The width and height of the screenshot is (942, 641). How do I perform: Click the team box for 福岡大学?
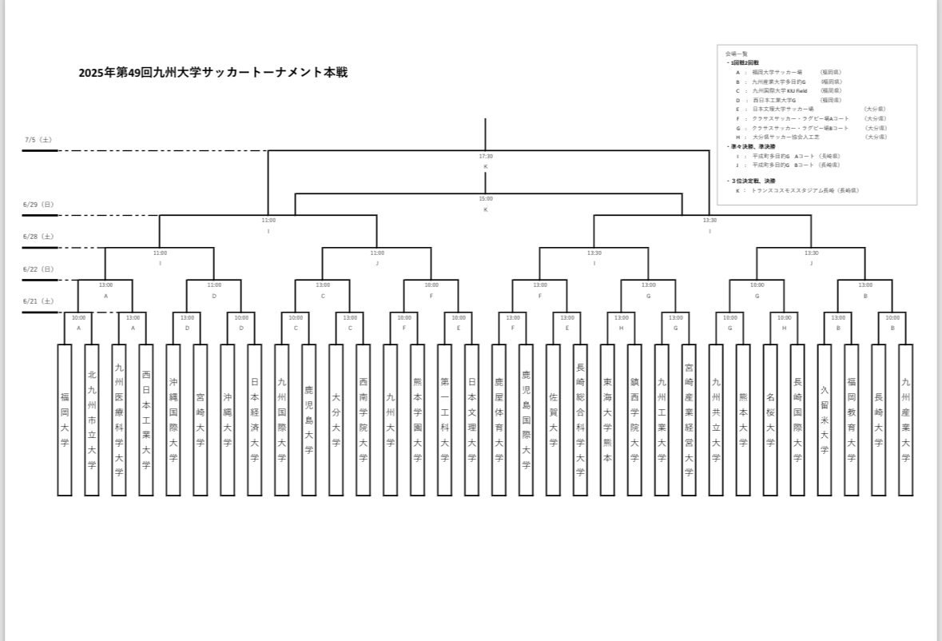[x=65, y=420]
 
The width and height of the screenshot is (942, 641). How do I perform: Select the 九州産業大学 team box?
[x=905, y=420]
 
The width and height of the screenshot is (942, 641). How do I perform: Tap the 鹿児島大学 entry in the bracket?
[x=309, y=420]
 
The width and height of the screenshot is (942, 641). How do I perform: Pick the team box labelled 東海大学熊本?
[x=608, y=420]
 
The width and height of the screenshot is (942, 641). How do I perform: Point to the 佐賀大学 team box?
[x=554, y=420]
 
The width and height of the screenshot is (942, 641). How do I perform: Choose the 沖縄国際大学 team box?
[x=173, y=420]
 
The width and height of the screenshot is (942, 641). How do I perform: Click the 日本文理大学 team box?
[x=472, y=420]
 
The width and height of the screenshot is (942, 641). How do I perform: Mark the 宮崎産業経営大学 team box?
[x=689, y=420]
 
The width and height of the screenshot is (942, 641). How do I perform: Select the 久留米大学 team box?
[x=825, y=420]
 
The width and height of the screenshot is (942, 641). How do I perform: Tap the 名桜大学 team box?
[x=770, y=420]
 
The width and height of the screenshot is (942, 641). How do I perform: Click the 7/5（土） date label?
[x=38, y=140]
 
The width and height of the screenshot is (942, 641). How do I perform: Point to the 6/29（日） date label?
[x=38, y=205]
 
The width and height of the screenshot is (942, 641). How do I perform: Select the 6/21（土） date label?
[x=38, y=301]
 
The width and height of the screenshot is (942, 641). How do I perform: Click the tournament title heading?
[x=213, y=73]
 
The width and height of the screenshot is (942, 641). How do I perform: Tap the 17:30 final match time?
[x=485, y=157]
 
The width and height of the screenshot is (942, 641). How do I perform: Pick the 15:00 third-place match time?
[x=485, y=199]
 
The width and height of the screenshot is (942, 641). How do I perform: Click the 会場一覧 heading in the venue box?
[x=736, y=54]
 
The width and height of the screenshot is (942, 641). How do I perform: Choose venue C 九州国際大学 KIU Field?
[x=779, y=91]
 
